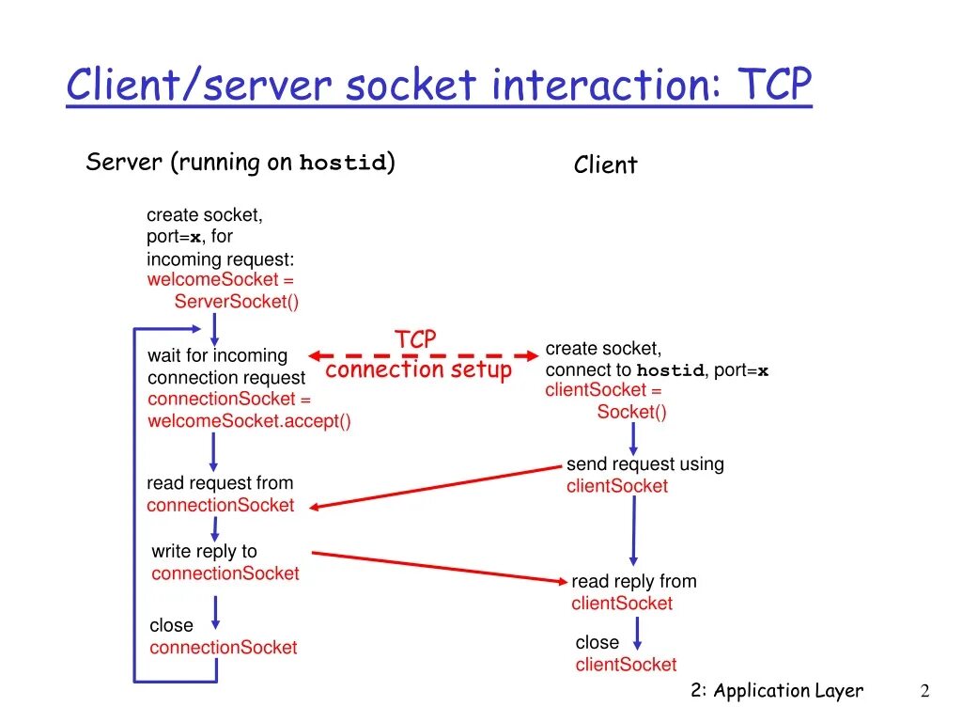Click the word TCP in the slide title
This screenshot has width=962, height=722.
coord(773,86)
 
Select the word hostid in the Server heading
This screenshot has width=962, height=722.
coord(343,164)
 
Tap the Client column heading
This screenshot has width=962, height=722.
coord(605,165)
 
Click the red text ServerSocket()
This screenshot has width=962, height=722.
coord(236,302)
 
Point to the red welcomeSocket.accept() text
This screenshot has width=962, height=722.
coord(249,420)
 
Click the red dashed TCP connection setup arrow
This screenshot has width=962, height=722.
coord(417,356)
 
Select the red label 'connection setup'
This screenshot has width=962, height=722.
coord(418,369)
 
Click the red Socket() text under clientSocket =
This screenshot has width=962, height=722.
coord(631,412)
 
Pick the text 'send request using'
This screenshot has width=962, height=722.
coord(644,463)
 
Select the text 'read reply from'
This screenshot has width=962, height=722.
coord(633,581)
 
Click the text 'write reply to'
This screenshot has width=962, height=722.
coord(204,551)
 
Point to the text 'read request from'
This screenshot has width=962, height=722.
coord(220,483)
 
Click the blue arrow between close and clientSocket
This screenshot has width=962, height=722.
coord(638,634)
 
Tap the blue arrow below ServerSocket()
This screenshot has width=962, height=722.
coord(215,330)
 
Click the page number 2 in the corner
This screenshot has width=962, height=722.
coord(924,691)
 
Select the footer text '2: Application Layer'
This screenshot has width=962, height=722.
coord(776,691)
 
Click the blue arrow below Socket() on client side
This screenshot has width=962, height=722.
coord(633,438)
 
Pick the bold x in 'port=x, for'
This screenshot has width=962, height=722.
coord(195,237)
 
